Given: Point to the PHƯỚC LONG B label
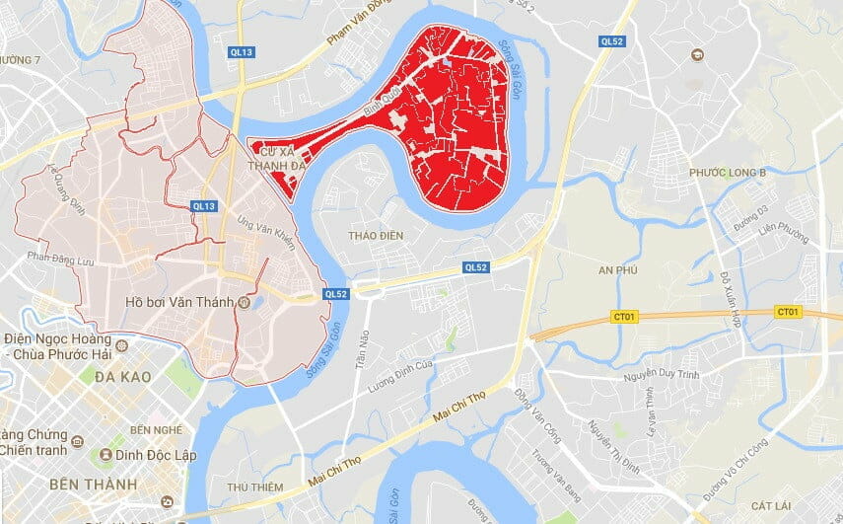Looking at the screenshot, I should (x=728, y=173).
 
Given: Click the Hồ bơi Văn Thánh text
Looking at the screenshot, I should (x=179, y=302).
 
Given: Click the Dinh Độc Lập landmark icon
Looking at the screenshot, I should (x=105, y=454).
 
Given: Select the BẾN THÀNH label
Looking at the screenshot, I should (x=91, y=484).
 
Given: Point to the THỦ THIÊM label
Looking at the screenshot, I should (x=254, y=487).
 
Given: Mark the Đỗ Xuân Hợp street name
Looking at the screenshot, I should (x=730, y=297).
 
